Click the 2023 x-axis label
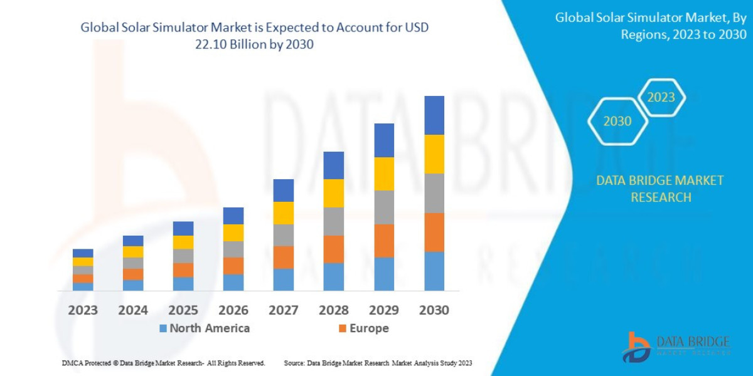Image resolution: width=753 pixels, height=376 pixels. [x=83, y=310]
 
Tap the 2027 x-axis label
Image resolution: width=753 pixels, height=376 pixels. [x=284, y=310]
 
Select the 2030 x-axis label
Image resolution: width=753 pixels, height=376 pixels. [x=434, y=310]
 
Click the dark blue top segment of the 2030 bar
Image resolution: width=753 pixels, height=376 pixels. [x=434, y=115]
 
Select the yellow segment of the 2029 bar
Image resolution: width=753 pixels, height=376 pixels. [x=384, y=174]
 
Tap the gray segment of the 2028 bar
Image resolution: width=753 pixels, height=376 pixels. [x=334, y=221]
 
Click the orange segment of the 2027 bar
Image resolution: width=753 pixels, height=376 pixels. [x=284, y=257]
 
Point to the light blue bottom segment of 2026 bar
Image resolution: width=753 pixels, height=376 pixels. [x=233, y=282]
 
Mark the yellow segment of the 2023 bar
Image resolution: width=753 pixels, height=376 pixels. [x=83, y=261]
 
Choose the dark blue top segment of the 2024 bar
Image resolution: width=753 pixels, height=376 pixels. [x=133, y=241]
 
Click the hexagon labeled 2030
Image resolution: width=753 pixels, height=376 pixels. [x=617, y=122]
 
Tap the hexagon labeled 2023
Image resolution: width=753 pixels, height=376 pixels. [x=661, y=97]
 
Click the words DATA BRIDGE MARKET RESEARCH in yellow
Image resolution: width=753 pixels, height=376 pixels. [x=660, y=189]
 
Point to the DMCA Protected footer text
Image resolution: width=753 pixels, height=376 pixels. [x=163, y=363]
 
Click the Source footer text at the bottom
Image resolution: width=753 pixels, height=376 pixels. [x=378, y=363]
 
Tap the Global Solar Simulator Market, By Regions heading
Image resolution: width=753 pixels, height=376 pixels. [x=651, y=26]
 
